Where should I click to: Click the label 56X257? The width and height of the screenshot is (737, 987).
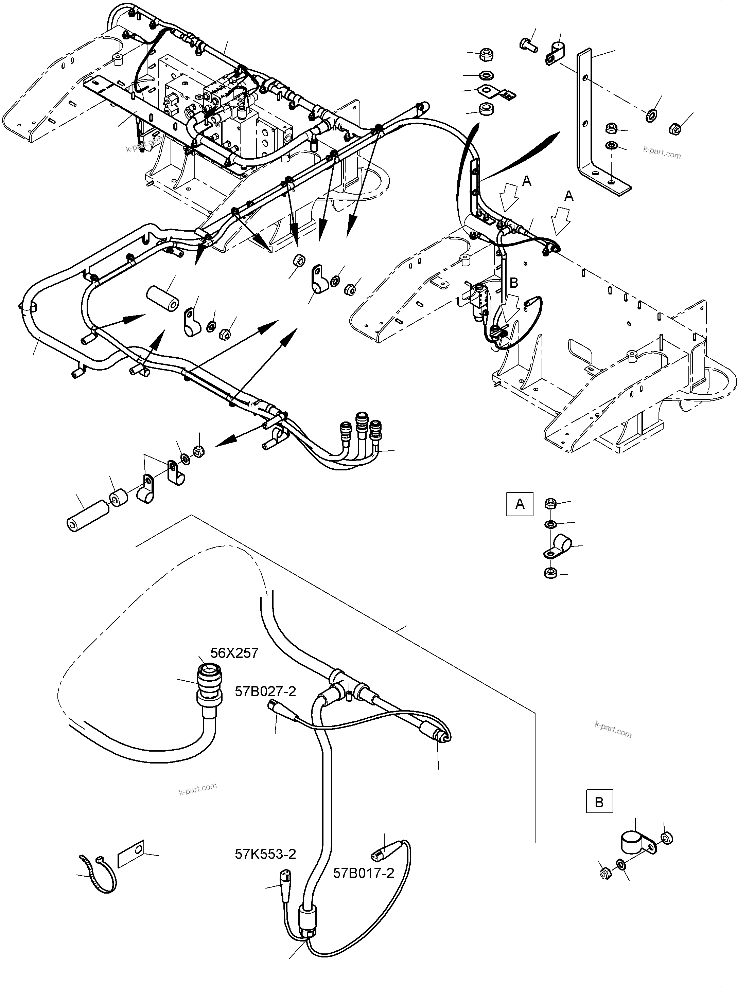[234, 653]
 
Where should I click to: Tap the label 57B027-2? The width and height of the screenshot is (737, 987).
[265, 691]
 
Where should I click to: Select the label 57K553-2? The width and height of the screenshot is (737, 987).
[265, 854]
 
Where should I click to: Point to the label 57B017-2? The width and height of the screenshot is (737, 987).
[364, 873]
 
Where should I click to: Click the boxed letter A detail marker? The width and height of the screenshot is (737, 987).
[519, 504]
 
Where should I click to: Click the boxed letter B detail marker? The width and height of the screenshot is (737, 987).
[599, 802]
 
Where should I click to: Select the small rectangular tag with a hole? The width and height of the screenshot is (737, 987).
[131, 853]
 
